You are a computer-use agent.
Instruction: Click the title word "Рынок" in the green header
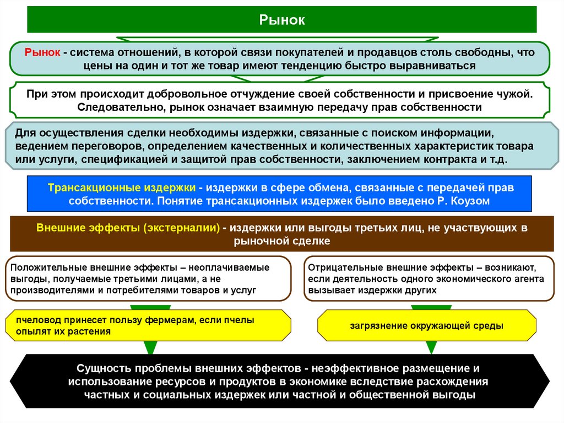point(282,20)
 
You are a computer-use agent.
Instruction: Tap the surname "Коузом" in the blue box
point(471,201)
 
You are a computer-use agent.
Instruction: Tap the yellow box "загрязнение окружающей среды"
point(426,325)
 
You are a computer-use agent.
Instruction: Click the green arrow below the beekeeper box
point(150,347)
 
